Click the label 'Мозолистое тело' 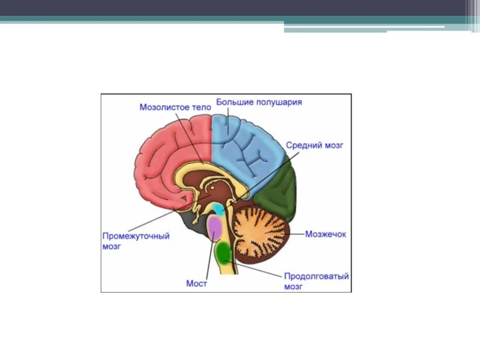175,107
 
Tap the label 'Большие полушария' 259,102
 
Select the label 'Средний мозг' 314,145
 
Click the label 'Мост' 197,283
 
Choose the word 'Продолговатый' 316,277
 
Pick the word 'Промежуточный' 136,236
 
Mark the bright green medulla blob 224,253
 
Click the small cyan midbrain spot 220,209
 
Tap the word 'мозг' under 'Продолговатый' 293,287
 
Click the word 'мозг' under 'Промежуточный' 112,246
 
